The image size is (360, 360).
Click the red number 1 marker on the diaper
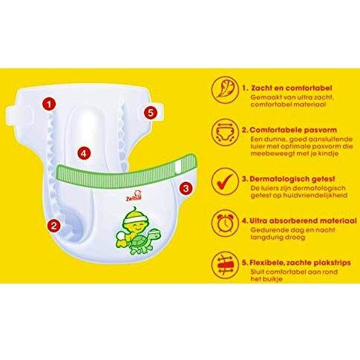pyautogui.click(x=49, y=104)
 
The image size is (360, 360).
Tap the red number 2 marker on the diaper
pyautogui.click(x=53, y=226)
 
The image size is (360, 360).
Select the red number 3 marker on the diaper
pyautogui.click(x=186, y=189)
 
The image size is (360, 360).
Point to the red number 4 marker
pyautogui.click(x=84, y=154)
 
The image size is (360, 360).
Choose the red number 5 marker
pyautogui.click(x=151, y=113)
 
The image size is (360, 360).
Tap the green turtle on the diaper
pyautogui.click(x=141, y=240)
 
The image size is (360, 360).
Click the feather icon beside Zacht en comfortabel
pyautogui.click(x=225, y=90)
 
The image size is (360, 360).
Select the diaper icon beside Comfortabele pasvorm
pyautogui.click(x=225, y=132)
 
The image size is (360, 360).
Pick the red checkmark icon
pyautogui.click(x=225, y=181)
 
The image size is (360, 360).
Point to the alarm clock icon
pyautogui.click(x=225, y=223)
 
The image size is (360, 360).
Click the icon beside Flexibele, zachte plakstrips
pyautogui.click(x=225, y=265)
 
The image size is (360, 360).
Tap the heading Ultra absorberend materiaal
pyautogui.click(x=303, y=220)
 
